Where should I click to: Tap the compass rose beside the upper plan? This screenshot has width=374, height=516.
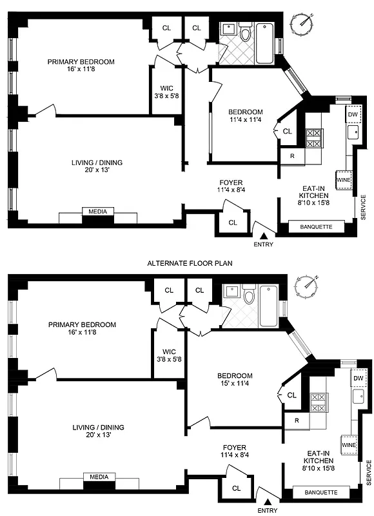tap(302, 23)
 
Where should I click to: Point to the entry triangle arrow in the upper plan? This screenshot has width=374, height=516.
tap(263, 235)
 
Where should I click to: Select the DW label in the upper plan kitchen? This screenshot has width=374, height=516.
tap(352, 115)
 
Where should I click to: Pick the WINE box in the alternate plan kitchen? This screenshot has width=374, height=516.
tap(349, 445)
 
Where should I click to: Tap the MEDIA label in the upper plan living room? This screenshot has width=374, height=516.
tap(98, 212)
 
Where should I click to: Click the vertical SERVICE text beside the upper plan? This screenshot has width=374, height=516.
tap(364, 206)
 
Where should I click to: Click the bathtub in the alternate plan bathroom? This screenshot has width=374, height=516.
tap(269, 305)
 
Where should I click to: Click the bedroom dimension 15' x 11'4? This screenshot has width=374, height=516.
tap(235, 385)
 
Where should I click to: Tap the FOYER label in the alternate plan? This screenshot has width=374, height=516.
tap(234, 447)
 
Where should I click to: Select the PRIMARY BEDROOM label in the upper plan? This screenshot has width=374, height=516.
tap(81, 62)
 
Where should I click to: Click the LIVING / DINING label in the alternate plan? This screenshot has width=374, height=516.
tap(98, 427)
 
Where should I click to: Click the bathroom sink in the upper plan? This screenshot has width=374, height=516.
tap(228, 30)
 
